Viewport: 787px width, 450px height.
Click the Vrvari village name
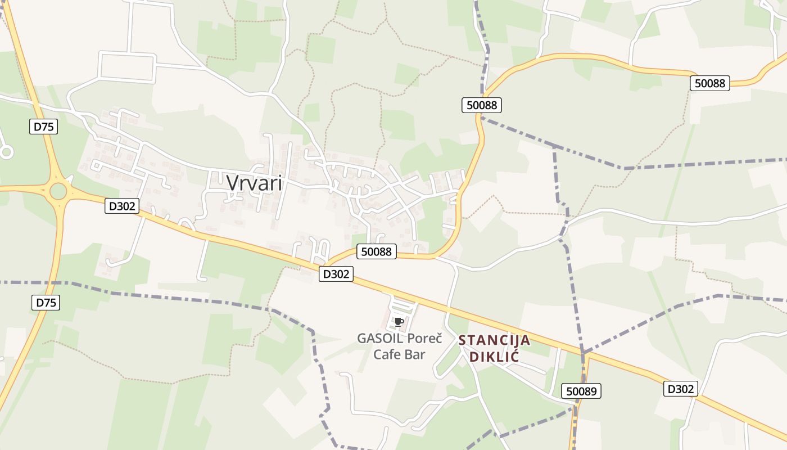click(x=254, y=183)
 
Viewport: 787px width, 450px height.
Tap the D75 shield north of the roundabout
click(x=43, y=127)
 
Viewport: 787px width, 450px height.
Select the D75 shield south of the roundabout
click(x=46, y=303)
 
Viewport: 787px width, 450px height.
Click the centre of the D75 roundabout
click(x=58, y=191)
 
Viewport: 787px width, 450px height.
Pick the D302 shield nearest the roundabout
click(x=121, y=206)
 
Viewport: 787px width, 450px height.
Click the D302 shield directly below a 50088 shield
click(x=336, y=274)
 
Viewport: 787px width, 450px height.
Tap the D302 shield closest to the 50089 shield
click(x=680, y=389)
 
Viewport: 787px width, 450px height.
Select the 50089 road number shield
click(x=581, y=391)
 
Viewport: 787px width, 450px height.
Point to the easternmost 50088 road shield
click(x=709, y=83)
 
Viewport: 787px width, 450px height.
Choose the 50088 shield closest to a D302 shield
click(x=376, y=251)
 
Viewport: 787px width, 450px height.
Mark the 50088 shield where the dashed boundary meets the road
click(x=481, y=105)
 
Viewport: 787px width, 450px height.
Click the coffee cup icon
click(x=399, y=322)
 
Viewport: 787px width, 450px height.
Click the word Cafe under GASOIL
click(x=388, y=354)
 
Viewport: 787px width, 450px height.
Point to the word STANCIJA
click(x=494, y=340)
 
